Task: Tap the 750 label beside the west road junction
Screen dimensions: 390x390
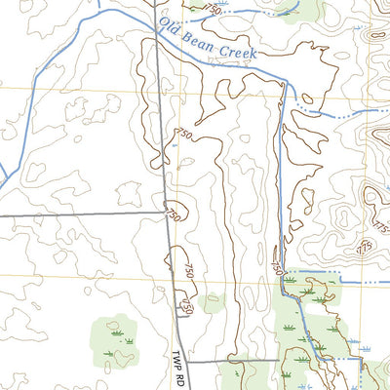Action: (x=172, y=213)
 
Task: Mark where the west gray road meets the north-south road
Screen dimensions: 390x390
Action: (x=165, y=213)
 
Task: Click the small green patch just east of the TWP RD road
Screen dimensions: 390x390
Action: (x=214, y=303)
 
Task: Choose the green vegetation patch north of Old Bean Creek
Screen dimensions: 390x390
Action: (x=296, y=9)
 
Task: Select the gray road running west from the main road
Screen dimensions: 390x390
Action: (x=78, y=214)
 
